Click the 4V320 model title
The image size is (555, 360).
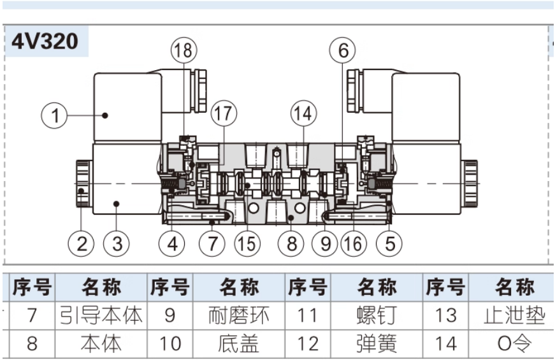coord(45,41)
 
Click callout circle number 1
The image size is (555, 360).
coord(55,115)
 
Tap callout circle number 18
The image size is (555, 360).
coord(184,50)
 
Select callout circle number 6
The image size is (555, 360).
coord(343,50)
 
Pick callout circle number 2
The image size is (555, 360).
coord(82,243)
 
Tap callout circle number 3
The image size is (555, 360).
coord(117,243)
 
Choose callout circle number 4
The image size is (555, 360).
coord(172,243)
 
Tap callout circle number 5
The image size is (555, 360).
coord(389,243)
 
